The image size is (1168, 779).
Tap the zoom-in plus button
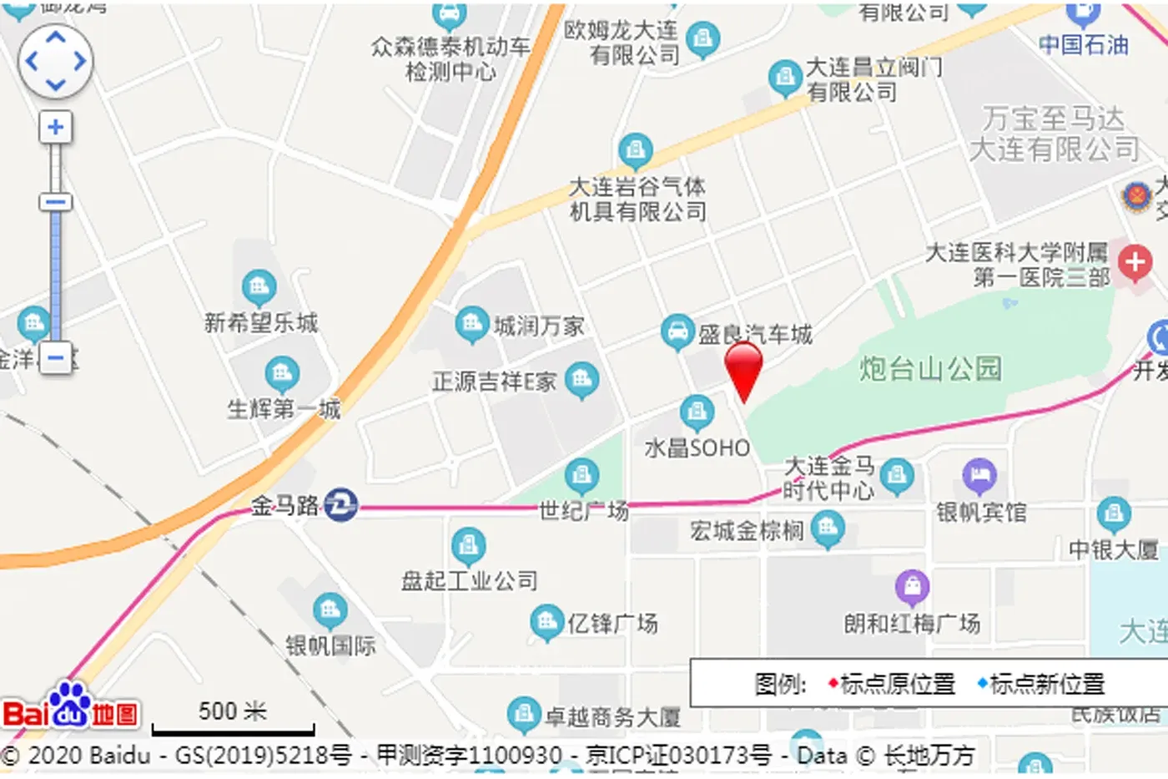pyautogui.click(x=56, y=127)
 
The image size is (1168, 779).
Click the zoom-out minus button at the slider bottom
pyautogui.click(x=56, y=358)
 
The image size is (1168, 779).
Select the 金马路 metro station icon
pyautogui.click(x=340, y=504)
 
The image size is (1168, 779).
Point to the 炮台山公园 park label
pyautogui.click(x=930, y=368)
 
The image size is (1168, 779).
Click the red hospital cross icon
pyautogui.click(x=1135, y=263)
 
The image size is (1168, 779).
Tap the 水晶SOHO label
pyautogui.click(x=697, y=448)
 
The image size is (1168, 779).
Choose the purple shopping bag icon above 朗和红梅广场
pyautogui.click(x=912, y=588)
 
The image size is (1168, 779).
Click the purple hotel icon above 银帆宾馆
pyautogui.click(x=979, y=476)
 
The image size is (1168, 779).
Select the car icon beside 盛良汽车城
pyautogui.click(x=677, y=331)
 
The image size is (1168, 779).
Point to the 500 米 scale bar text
pyautogui.click(x=232, y=711)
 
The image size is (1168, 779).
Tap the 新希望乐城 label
pyautogui.click(x=261, y=322)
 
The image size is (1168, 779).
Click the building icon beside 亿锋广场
pyautogui.click(x=547, y=621)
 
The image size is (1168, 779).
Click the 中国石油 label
pyautogui.click(x=1083, y=44)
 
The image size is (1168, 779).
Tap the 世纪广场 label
pyautogui.click(x=584, y=509)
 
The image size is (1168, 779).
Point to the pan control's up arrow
pyautogui.click(x=56, y=37)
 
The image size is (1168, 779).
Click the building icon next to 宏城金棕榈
pyautogui.click(x=828, y=529)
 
